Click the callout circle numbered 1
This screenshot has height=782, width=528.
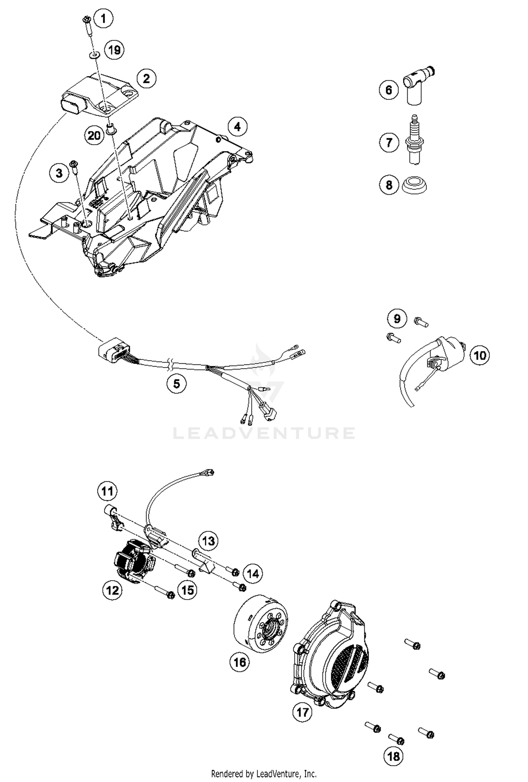(103, 18)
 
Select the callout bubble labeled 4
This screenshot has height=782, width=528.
(237, 126)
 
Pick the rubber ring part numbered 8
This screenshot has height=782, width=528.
(415, 185)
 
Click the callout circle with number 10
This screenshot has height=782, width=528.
(480, 355)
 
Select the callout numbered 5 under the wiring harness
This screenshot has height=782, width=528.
(176, 383)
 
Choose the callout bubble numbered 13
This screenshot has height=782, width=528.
(208, 540)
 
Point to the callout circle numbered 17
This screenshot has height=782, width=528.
(302, 712)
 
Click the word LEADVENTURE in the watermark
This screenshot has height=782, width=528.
(264, 433)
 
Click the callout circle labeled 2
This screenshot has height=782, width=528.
(146, 78)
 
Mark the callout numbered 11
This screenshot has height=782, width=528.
(107, 491)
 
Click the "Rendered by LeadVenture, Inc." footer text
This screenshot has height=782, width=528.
(264, 774)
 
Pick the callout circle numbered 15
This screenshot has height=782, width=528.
(187, 590)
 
